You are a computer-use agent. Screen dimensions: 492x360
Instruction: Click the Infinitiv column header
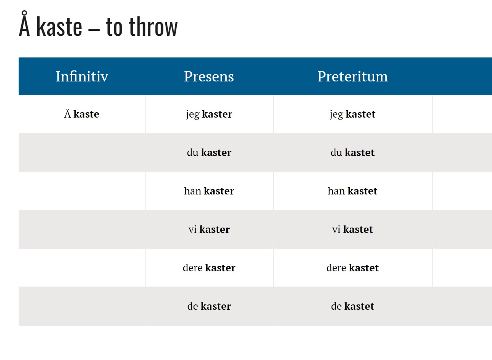[82, 76]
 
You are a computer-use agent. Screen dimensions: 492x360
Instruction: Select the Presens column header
[209, 76]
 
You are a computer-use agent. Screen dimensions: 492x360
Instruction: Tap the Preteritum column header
[352, 76]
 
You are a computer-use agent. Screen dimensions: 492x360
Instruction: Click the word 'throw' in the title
[153, 27]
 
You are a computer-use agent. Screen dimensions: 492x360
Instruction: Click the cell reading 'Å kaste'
[82, 114]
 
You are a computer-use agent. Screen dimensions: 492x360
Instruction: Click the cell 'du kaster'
[209, 153]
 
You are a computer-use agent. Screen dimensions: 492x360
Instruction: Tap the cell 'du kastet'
[352, 153]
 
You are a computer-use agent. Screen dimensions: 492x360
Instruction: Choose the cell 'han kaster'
[209, 191]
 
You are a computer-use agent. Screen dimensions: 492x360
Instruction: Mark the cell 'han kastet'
[352, 191]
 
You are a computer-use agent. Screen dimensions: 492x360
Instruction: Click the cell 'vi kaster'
[209, 229]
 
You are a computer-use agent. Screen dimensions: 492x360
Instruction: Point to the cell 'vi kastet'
[352, 229]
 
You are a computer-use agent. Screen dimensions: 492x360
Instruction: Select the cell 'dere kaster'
[209, 268]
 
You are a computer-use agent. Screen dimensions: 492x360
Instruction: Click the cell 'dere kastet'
[352, 268]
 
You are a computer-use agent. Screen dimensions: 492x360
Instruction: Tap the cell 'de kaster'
[209, 306]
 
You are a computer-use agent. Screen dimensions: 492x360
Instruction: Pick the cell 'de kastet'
[352, 306]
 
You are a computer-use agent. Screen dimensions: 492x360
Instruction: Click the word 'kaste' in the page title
[59, 26]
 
